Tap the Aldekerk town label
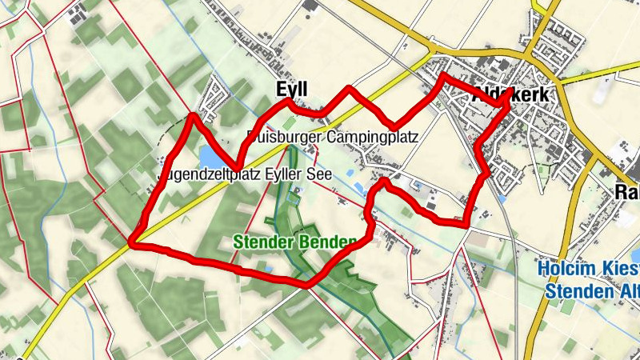click(510, 94)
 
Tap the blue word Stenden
click(577, 291)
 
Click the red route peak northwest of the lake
click(192, 117)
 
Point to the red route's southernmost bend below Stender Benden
click(306, 284)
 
